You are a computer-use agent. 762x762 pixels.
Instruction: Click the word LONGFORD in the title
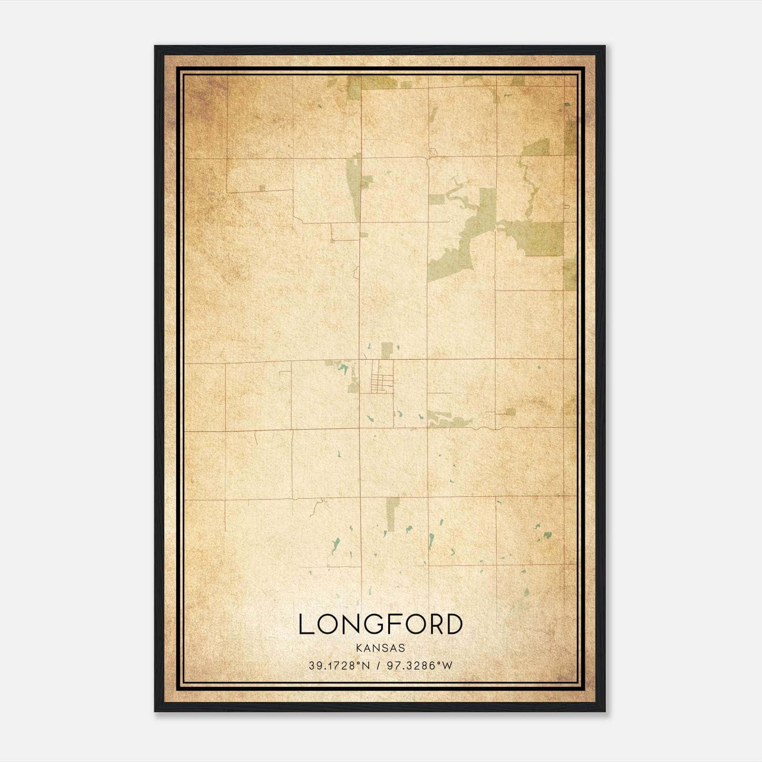pos(380,624)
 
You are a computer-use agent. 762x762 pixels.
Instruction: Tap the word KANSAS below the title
pos(380,648)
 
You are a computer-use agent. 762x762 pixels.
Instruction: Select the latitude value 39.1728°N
pos(339,666)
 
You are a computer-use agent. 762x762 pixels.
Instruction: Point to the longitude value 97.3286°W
pos(420,666)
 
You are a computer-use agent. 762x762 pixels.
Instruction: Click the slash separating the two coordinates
pos(379,666)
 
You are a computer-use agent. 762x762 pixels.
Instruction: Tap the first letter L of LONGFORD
pos(305,624)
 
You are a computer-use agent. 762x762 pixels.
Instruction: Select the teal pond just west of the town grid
pos(342,368)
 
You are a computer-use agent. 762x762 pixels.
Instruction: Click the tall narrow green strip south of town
pos(392,514)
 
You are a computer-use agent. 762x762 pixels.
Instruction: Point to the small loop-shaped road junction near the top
pos(432,153)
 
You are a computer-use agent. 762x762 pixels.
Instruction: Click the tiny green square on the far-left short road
pos(262,188)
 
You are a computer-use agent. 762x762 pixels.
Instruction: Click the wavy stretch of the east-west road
pos(481,428)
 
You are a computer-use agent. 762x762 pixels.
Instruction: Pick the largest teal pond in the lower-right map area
pos(547,535)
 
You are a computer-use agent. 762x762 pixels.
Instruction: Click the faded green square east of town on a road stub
pos(510,411)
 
